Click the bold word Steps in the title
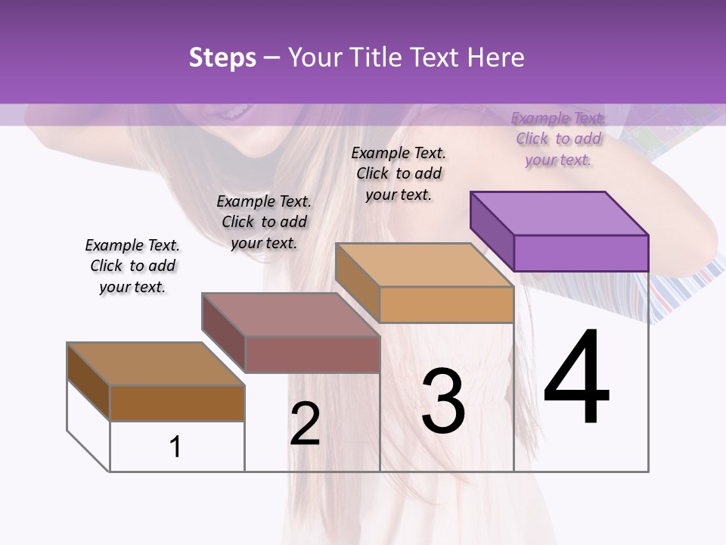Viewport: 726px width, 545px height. (222, 58)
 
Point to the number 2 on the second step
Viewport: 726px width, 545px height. (305, 424)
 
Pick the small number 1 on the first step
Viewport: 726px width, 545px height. (175, 447)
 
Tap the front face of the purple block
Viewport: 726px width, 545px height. (581, 253)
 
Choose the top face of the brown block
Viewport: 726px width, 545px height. (156, 364)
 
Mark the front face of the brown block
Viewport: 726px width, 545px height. (177, 403)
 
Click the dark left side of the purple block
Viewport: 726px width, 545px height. (492, 232)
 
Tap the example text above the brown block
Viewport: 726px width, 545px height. (132, 266)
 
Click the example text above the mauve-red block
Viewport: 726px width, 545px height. (264, 222)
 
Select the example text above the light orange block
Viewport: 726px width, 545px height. (399, 173)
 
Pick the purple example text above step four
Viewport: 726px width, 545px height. (558, 139)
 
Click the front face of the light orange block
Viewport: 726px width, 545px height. (446, 305)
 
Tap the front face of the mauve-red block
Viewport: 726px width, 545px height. (312, 354)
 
